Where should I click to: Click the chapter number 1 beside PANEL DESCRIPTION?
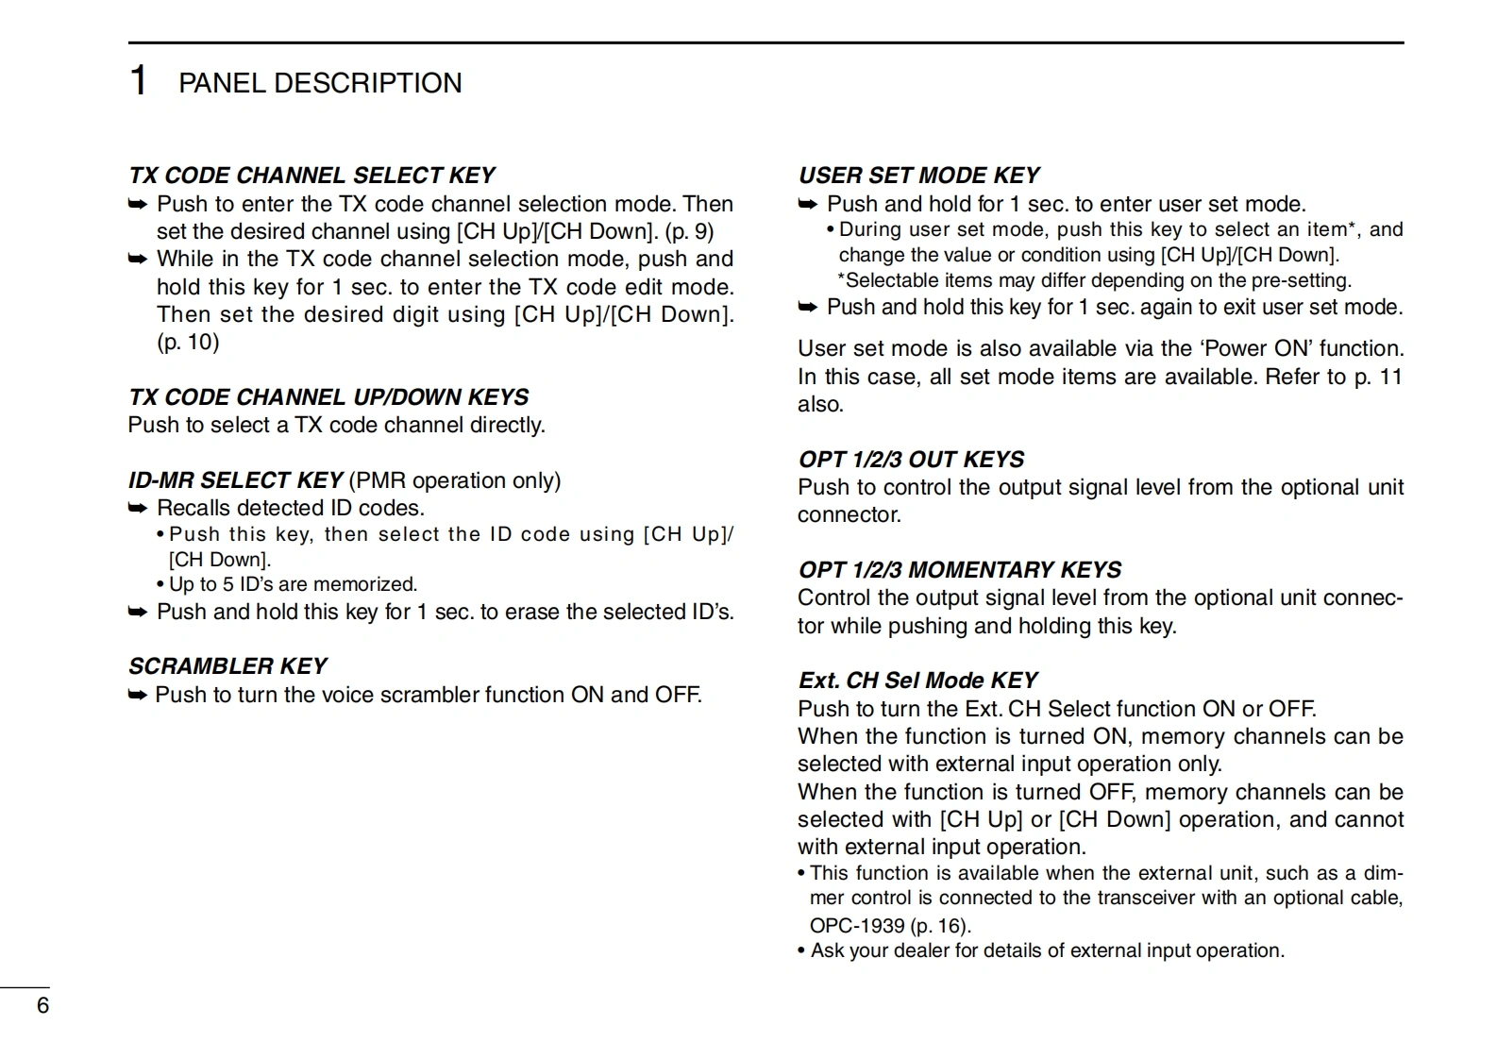pos(138,81)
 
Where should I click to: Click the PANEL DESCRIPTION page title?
pos(320,83)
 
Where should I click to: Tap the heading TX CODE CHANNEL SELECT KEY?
pos(311,176)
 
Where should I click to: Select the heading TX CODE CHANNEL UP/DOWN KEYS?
pos(328,397)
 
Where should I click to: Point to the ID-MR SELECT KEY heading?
pos(235,480)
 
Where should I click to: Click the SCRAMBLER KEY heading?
pos(227,666)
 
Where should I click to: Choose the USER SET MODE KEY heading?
pos(918,176)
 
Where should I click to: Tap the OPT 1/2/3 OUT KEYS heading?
pos(911,460)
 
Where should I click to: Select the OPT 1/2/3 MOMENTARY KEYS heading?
pos(960,570)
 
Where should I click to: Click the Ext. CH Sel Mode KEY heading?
pos(917,681)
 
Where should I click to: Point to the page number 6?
pos(42,1005)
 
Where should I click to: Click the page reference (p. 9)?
pos(689,231)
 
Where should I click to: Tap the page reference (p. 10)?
pos(188,342)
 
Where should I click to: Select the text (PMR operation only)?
pos(455,480)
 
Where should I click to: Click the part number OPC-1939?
pos(857,926)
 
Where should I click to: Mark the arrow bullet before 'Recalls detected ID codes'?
pos(138,509)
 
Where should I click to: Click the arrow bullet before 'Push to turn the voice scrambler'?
pos(138,696)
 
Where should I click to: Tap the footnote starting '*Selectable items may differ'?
pos(1094,280)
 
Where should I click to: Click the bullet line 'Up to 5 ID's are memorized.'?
pos(293,584)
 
